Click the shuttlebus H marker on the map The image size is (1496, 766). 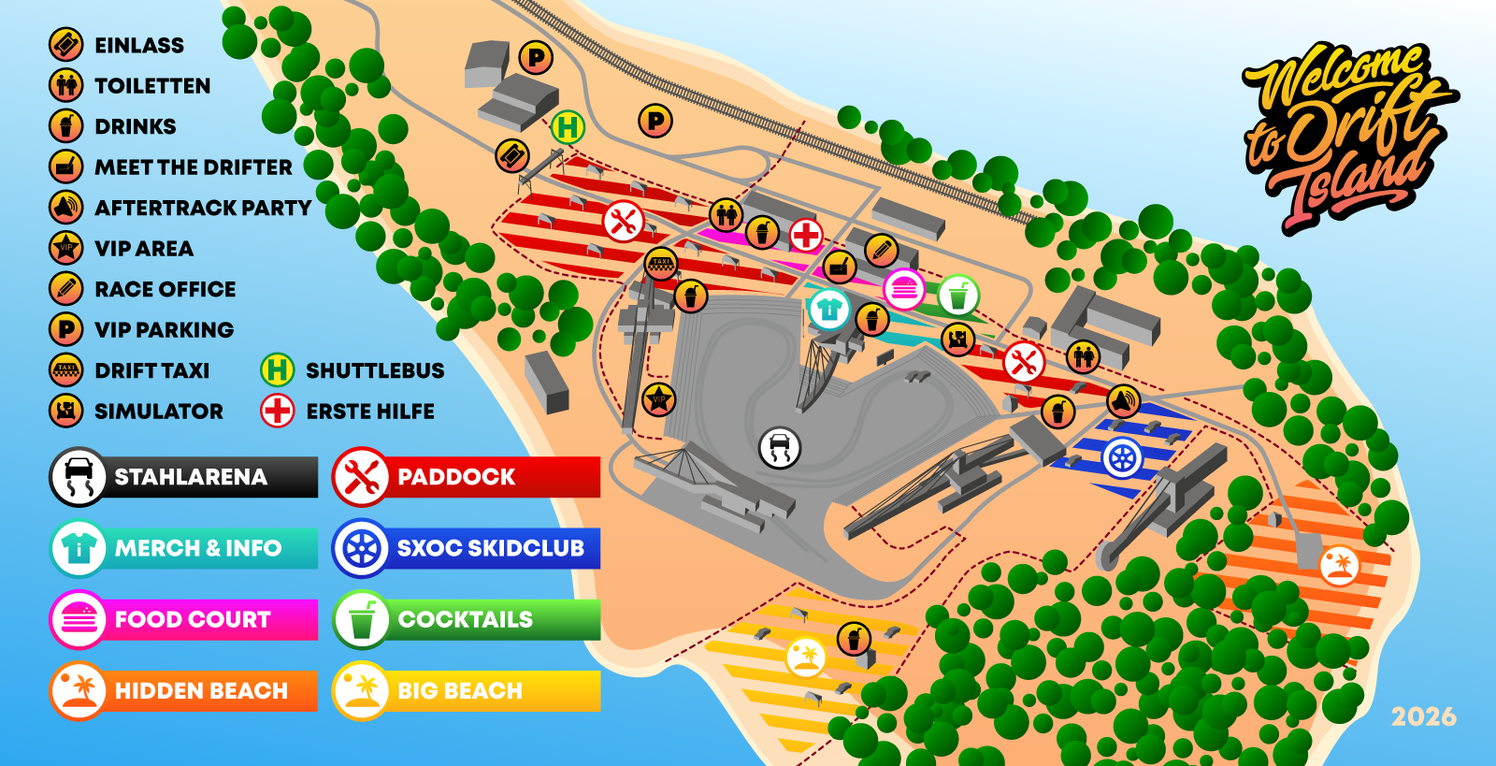coord(568,127)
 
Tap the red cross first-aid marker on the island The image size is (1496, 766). coord(806,235)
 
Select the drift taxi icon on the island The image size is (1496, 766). coord(661,263)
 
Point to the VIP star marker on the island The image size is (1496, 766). coord(658,400)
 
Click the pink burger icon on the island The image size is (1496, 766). coord(904,289)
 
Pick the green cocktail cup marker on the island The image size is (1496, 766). coord(958,296)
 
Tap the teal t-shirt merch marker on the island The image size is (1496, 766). coord(829,310)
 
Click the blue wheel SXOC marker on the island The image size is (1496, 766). coord(1122,458)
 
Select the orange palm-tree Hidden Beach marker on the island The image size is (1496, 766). coord(1339,566)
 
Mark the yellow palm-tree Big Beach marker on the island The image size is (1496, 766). coord(806,658)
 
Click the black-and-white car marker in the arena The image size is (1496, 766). coord(780,447)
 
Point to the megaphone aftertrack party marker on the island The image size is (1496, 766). coord(1123,401)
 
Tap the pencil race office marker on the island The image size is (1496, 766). coord(882,251)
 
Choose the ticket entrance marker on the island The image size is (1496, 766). coord(512,156)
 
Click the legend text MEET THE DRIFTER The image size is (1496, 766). coord(194,167)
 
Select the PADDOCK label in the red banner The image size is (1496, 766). coord(456,477)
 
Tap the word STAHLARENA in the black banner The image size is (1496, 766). coord(191,477)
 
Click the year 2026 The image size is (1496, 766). coord(1424,717)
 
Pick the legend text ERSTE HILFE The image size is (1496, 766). coord(370,412)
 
